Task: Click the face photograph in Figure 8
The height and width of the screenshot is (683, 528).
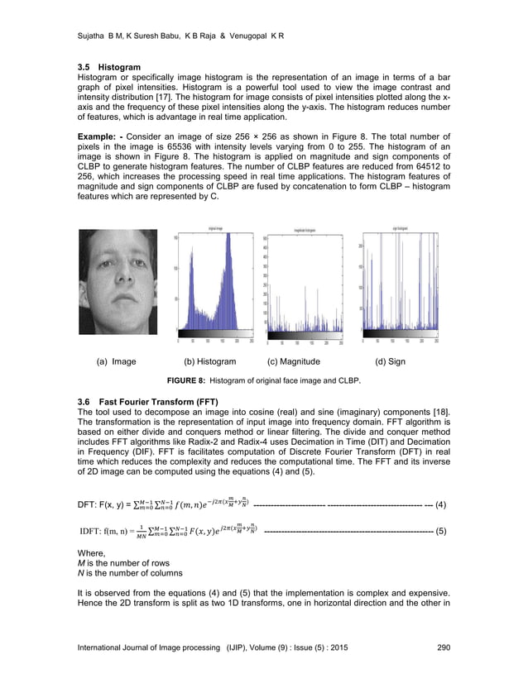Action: tap(117, 282)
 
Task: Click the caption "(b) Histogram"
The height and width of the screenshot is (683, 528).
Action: tap(209, 361)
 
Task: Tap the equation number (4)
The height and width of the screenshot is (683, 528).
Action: tap(440, 504)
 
